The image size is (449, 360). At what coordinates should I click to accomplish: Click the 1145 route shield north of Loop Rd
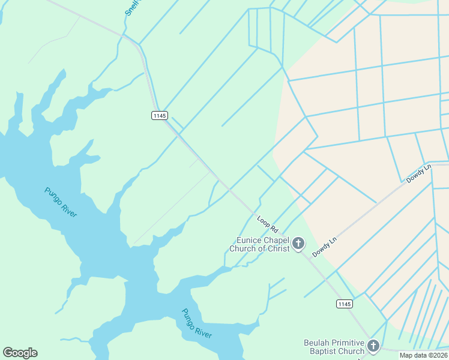point(159,115)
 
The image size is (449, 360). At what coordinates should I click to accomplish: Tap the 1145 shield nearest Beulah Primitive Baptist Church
point(344,304)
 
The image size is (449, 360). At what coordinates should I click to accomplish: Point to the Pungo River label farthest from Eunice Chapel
point(61,202)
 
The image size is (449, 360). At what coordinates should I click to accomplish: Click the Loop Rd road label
point(268,224)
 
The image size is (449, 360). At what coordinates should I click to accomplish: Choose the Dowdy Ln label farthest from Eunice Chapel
point(419,173)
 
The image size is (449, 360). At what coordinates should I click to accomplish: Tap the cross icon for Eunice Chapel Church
point(298,244)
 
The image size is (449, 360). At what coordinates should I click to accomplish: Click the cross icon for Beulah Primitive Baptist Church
point(373,346)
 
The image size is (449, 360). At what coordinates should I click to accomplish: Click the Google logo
point(20,353)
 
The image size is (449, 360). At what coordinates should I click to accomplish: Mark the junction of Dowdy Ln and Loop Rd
point(313,257)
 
